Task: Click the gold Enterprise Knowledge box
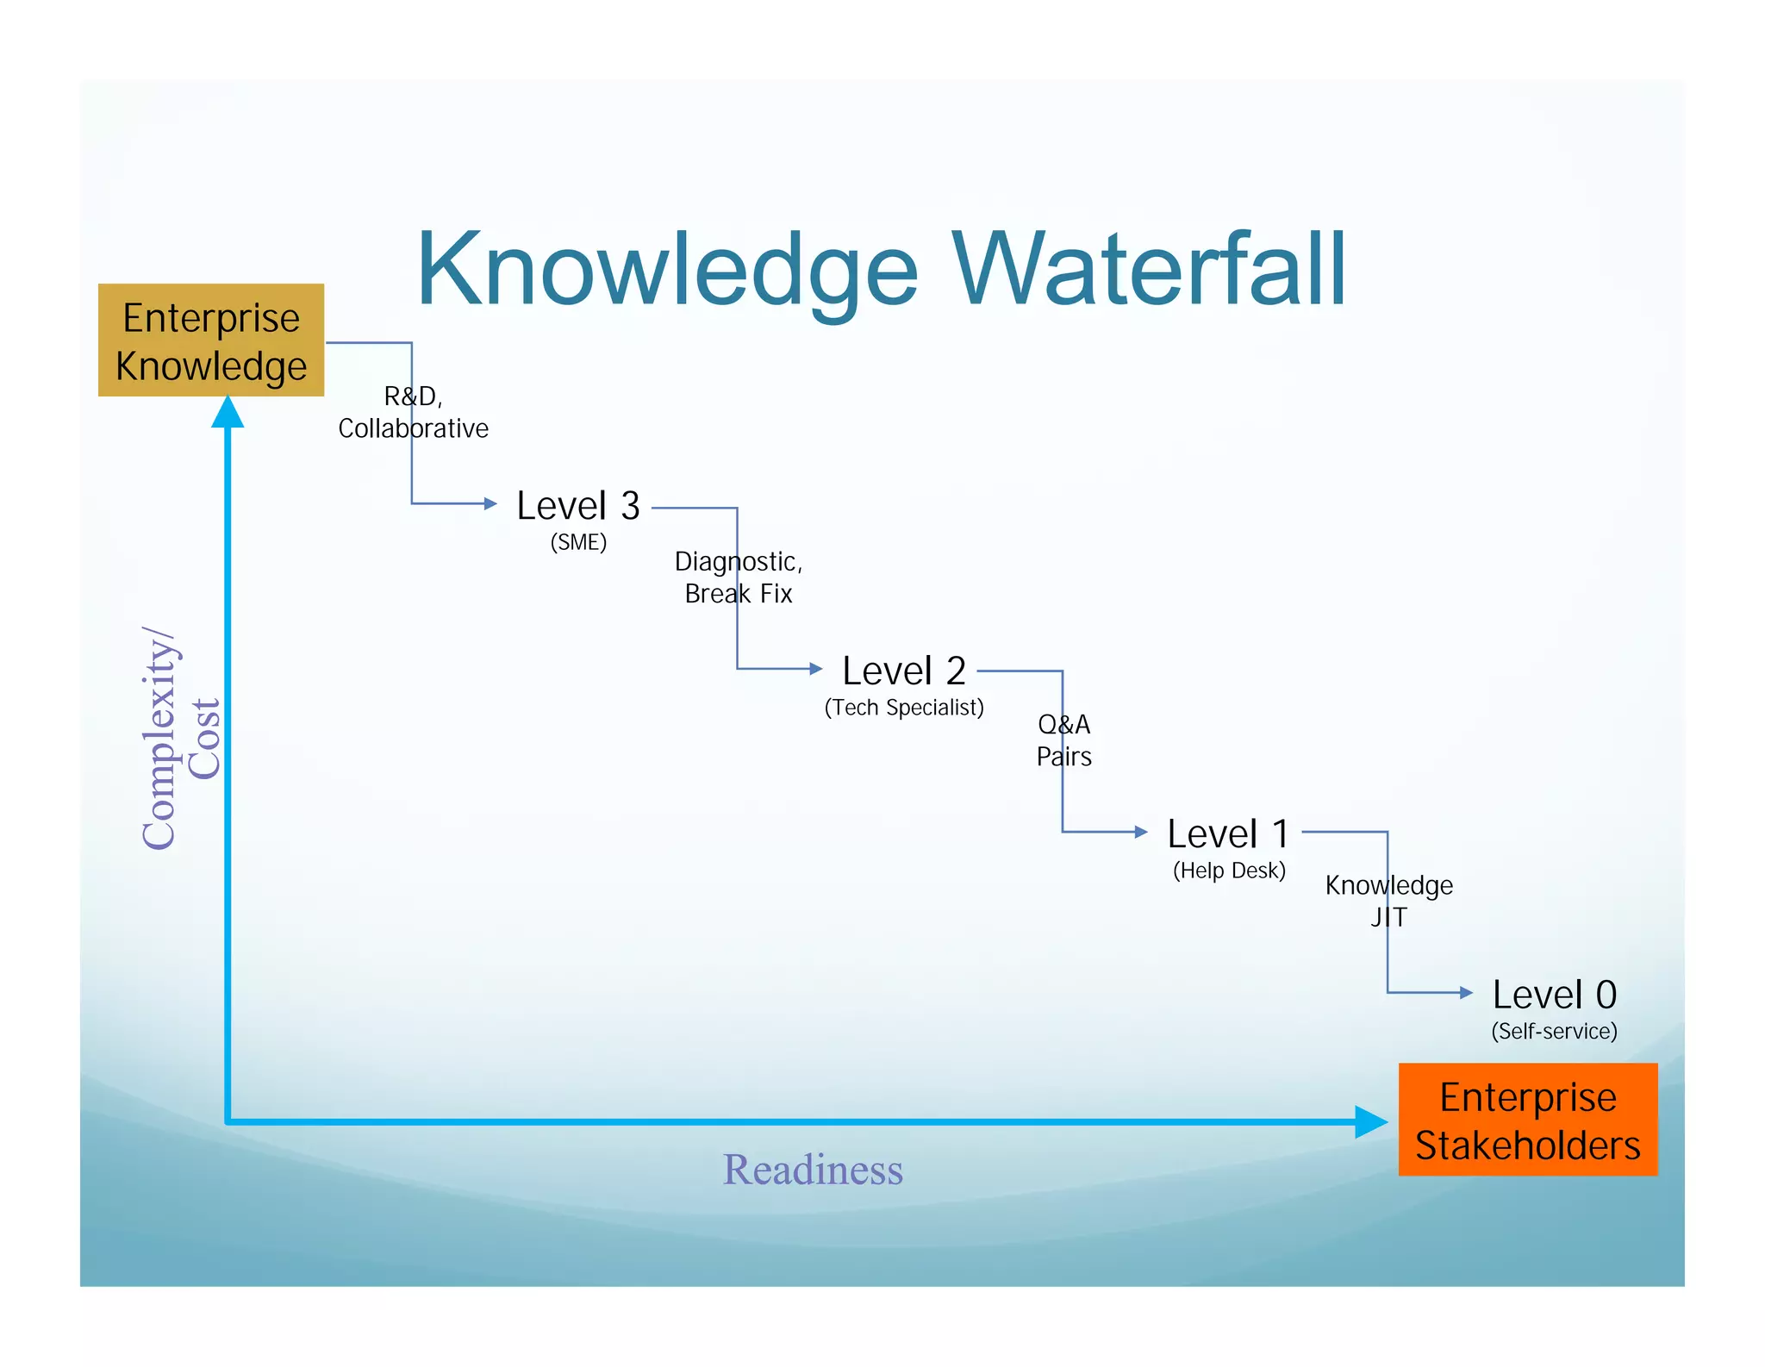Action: [x=211, y=340]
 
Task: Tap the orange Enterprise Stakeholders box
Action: [x=1527, y=1120]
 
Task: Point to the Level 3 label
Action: [x=578, y=506]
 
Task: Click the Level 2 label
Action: [x=904, y=671]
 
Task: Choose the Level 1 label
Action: [x=1228, y=833]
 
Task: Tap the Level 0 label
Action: [x=1554, y=995]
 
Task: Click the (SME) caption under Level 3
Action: [x=578, y=542]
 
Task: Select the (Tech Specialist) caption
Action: [x=904, y=708]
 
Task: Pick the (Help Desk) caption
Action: [x=1229, y=871]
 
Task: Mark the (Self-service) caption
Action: [x=1554, y=1031]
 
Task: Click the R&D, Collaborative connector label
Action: [x=413, y=412]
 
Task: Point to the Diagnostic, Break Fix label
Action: [x=739, y=577]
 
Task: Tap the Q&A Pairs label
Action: [x=1064, y=740]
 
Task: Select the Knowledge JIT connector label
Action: [x=1388, y=901]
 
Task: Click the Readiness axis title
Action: [x=813, y=1170]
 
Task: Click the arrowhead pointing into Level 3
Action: [x=490, y=503]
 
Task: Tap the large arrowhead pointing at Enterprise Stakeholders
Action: [x=1370, y=1122]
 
